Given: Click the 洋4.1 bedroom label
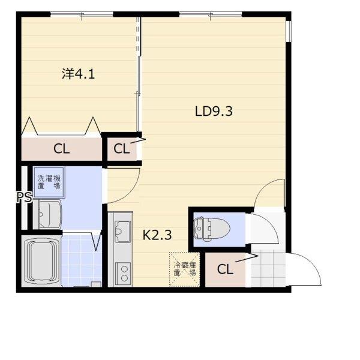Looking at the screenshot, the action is (x=78, y=74).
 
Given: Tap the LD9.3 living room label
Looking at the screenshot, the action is (x=214, y=111).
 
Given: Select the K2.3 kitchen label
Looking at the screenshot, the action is (x=157, y=235).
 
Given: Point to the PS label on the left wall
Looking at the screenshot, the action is (x=25, y=197).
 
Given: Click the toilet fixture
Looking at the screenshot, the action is (x=212, y=229).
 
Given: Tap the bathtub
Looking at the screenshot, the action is (x=41, y=261).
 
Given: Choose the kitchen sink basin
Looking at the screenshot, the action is (x=123, y=232).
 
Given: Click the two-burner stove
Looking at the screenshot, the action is (x=123, y=274).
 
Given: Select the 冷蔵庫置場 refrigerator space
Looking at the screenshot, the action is (x=185, y=269).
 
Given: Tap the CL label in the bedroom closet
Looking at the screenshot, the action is (x=61, y=149).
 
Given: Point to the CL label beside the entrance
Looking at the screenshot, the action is (x=225, y=269).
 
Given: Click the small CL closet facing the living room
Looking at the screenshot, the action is (x=122, y=149).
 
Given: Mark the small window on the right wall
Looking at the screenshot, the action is (x=289, y=31).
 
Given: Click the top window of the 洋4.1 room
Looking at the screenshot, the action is (x=82, y=14).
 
